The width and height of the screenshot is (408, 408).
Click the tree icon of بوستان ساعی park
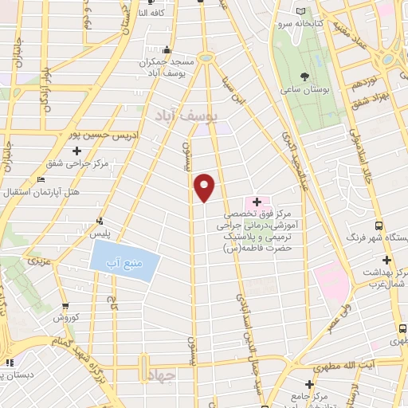coord(305,77)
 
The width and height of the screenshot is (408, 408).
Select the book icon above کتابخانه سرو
coord(300,11)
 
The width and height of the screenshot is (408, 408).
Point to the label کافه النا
coord(153,13)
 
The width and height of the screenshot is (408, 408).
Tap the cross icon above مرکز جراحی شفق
coord(77,150)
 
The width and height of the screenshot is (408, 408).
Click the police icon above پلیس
coord(99,221)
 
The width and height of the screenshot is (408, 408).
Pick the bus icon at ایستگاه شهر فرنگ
coord(379,225)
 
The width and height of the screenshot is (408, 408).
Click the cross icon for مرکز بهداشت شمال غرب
coord(386,260)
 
